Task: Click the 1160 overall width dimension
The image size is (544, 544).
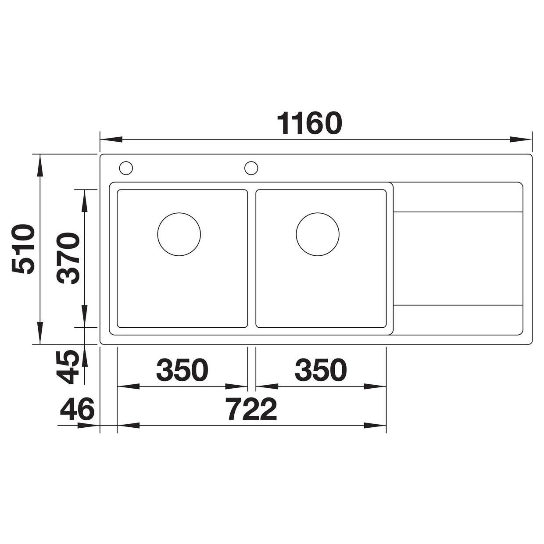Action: pyautogui.click(x=309, y=124)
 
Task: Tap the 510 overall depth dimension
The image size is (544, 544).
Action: pyautogui.click(x=23, y=249)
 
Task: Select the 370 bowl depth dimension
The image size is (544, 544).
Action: pyautogui.click(x=68, y=258)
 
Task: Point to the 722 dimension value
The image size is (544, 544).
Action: pyautogui.click(x=252, y=409)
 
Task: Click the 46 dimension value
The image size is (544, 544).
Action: pyautogui.click(x=77, y=409)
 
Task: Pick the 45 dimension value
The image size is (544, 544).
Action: pyautogui.click(x=68, y=367)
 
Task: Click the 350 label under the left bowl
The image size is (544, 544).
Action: pyautogui.click(x=182, y=369)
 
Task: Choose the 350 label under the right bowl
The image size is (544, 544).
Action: pyautogui.click(x=321, y=369)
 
